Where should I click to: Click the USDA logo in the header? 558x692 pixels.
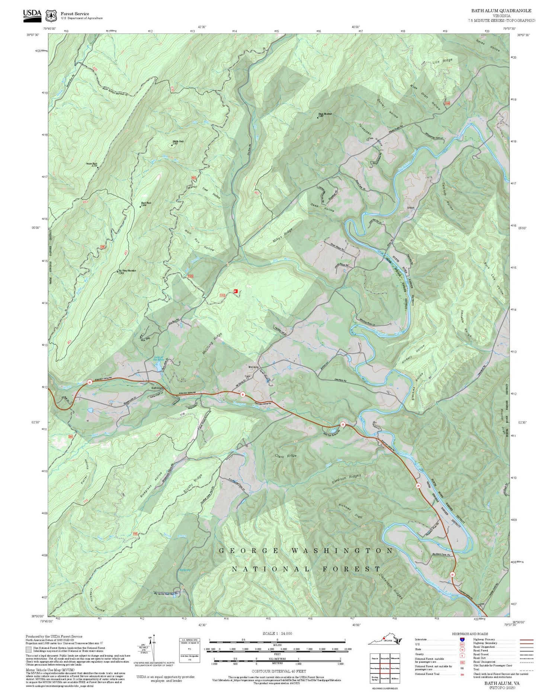(x=32, y=14)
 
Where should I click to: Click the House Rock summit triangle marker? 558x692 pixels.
(x=98, y=167)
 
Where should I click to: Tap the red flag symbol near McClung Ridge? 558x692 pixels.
(x=235, y=291)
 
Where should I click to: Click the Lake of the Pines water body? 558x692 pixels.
(x=158, y=367)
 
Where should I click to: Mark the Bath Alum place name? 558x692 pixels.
(x=157, y=388)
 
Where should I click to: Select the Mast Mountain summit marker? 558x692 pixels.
(x=318, y=117)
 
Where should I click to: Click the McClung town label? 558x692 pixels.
(x=253, y=367)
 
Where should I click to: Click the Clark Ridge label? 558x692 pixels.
(x=286, y=456)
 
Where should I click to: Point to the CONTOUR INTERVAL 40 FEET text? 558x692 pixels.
(x=279, y=672)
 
